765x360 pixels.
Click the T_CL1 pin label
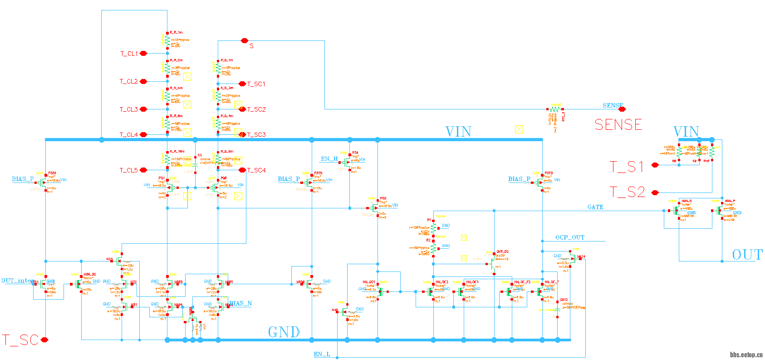tap(129, 54)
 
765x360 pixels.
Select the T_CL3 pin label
tap(128, 109)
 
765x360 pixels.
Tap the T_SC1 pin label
tap(256, 84)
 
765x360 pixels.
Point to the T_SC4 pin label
tap(256, 170)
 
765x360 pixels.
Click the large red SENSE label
tap(618, 125)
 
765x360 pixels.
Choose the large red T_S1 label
tap(627, 167)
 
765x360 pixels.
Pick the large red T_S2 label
tap(627, 192)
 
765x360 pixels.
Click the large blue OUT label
tap(747, 255)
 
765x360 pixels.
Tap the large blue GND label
tap(284, 332)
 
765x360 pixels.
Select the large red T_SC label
tap(20, 340)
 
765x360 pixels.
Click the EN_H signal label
tap(329, 159)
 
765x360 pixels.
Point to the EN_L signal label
tap(322, 354)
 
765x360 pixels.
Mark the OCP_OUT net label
tap(570, 237)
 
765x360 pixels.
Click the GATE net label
tap(595, 207)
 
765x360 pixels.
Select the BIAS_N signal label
tap(240, 303)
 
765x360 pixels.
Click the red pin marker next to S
tap(244, 41)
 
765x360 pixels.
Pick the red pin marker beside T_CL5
tap(143, 170)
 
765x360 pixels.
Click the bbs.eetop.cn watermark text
tap(746, 355)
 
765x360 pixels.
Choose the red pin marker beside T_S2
tap(655, 192)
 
